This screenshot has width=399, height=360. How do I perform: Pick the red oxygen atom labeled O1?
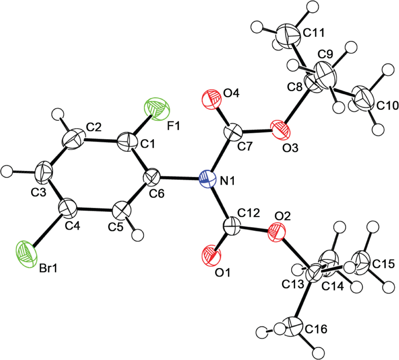tap(211, 256)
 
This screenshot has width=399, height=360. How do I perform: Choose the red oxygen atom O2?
tap(277, 232)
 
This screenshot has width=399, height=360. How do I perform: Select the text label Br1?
tap(48, 268)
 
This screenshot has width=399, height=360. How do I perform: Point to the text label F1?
tap(174, 126)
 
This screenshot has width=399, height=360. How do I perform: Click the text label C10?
tap(387, 105)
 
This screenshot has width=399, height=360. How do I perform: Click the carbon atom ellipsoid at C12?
tap(232, 226)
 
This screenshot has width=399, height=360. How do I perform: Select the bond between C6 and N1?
tap(179, 178)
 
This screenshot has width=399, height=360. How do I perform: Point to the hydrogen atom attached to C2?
tap(58, 115)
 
